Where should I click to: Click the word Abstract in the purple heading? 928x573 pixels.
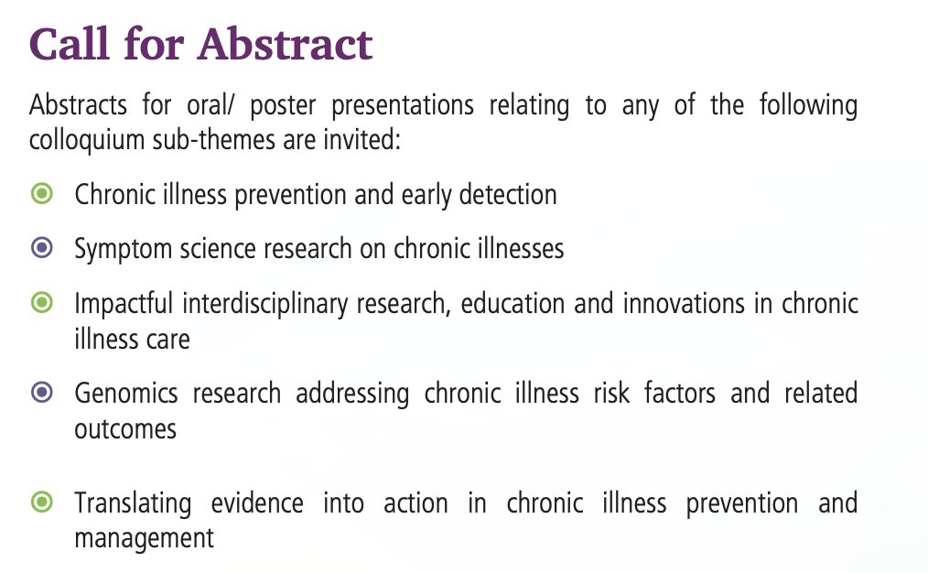pos(287,44)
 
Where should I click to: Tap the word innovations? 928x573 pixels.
pos(681,303)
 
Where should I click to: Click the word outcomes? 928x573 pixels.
pos(125,428)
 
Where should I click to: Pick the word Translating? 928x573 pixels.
pos(133,503)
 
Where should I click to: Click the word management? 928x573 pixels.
pos(144,537)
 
